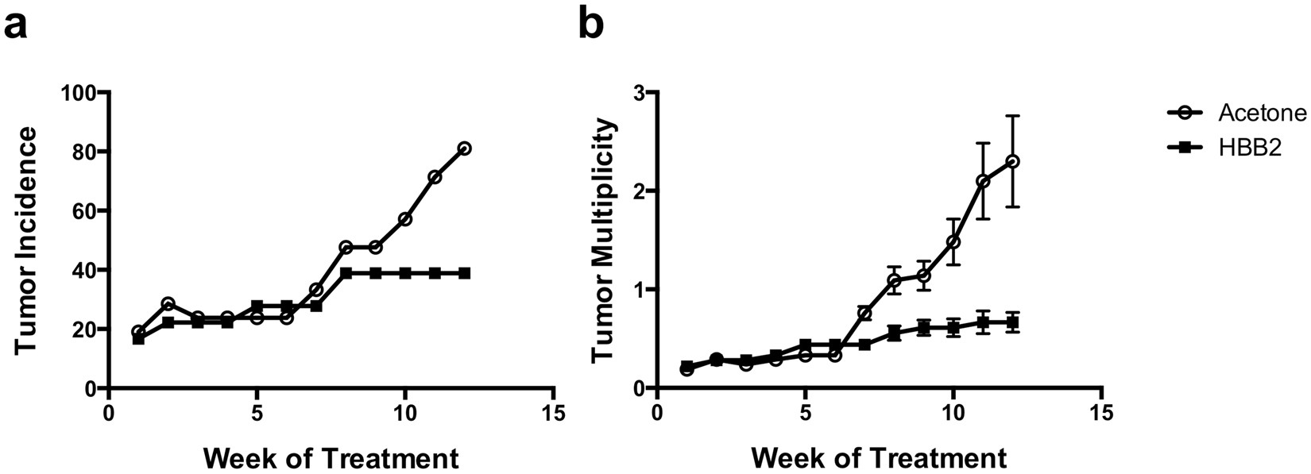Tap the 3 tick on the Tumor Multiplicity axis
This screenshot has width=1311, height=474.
[640, 93]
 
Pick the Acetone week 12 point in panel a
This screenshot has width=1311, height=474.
[465, 148]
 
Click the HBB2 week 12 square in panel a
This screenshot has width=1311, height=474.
[465, 273]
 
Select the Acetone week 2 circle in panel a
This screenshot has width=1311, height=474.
[168, 304]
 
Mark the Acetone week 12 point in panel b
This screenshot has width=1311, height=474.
[1013, 161]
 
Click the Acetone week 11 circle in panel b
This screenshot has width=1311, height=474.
[984, 182]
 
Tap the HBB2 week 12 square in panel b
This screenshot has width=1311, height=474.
[1013, 322]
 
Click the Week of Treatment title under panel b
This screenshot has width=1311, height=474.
[878, 458]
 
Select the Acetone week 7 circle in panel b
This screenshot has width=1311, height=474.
[864, 314]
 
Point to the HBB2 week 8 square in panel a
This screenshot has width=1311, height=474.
[346, 273]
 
